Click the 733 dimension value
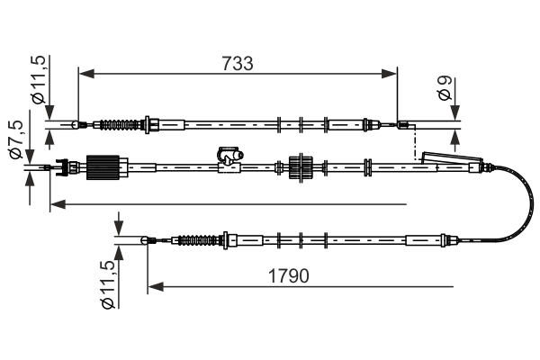point(238,64)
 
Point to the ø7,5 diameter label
point(17,141)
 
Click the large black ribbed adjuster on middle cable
point(103,168)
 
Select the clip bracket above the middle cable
point(229,155)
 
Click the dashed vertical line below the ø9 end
point(413,144)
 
